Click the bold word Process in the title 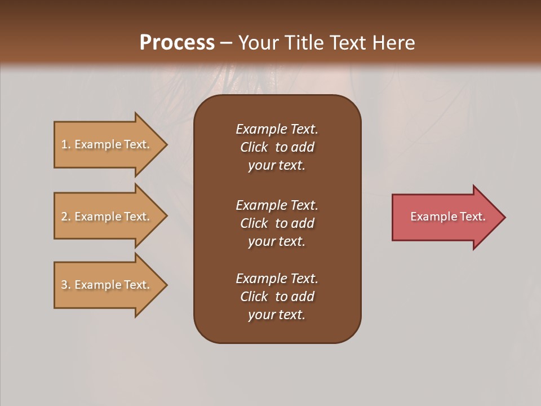(x=177, y=43)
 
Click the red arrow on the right (x=445, y=217)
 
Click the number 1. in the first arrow (x=66, y=144)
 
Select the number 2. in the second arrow (x=66, y=217)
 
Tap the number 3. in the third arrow (x=66, y=285)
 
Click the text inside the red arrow (x=447, y=217)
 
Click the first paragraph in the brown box (x=277, y=147)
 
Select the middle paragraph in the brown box (x=277, y=223)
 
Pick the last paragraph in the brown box (x=277, y=297)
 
